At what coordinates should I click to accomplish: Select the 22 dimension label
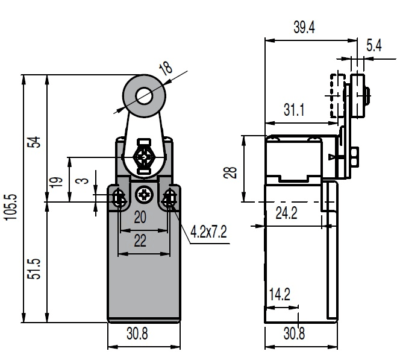(140, 241)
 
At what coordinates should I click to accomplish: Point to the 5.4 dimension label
(374, 45)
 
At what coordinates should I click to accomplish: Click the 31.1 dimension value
(294, 110)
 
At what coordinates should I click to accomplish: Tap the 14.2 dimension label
(280, 294)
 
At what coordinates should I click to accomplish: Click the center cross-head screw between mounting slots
(145, 195)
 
